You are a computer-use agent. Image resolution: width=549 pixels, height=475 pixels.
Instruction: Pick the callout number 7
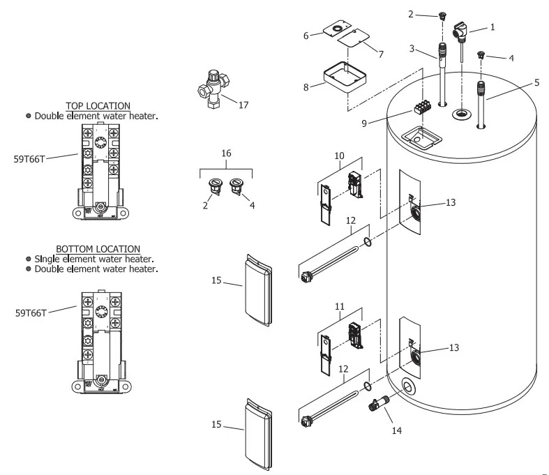tap(381, 53)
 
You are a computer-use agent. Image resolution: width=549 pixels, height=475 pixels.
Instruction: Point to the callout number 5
tap(536, 82)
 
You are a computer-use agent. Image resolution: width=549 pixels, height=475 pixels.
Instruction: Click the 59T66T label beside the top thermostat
tap(29, 158)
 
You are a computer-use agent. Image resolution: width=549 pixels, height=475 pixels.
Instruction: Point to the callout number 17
tap(243, 106)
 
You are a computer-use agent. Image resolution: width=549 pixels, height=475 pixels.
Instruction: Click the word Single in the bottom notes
tap(47, 259)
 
